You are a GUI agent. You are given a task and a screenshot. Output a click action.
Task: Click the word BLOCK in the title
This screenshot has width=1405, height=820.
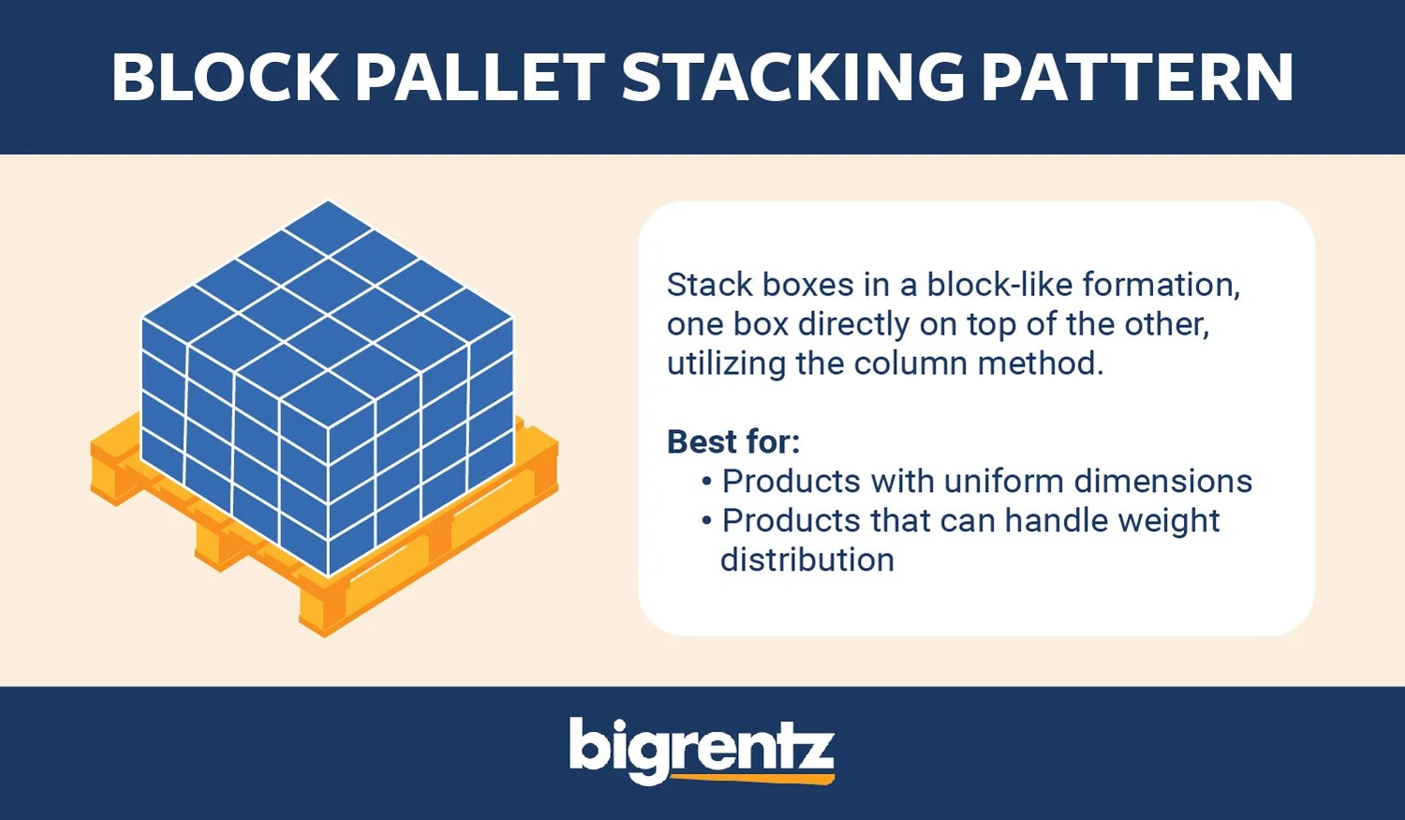pos(225,77)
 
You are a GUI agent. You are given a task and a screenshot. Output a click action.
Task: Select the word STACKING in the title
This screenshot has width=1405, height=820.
pos(792,77)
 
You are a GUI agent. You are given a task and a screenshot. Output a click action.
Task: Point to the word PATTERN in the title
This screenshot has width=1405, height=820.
pos(1137,77)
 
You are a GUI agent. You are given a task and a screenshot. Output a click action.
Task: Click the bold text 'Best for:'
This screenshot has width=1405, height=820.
pos(732,441)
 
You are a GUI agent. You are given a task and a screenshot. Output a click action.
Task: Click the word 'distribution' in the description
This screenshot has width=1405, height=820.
pos(806,559)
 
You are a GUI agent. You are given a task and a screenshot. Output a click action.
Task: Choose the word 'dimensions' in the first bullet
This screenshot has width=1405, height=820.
pos(1162,481)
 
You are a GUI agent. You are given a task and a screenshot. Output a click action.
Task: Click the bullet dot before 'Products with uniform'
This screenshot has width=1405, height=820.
pos(707,482)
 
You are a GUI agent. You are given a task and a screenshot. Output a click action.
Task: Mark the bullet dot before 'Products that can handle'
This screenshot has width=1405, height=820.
pos(707,521)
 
